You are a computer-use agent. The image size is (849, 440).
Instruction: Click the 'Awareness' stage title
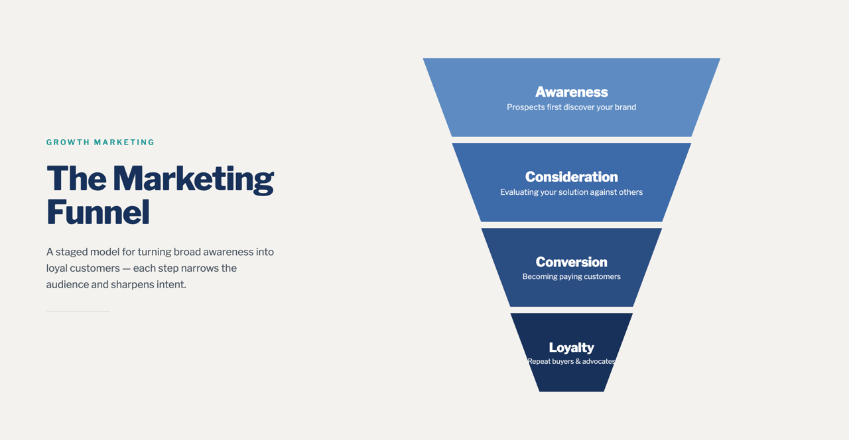pos(572,92)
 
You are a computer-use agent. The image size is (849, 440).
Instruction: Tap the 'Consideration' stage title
pos(572,177)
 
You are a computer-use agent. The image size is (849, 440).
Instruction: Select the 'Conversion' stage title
pos(572,262)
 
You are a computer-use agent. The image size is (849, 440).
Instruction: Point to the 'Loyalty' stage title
pos(572,348)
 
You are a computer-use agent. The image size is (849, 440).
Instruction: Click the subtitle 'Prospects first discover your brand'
pos(572,107)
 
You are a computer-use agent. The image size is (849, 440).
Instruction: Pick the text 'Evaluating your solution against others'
pos(572,192)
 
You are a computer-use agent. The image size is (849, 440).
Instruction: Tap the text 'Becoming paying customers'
pos(572,277)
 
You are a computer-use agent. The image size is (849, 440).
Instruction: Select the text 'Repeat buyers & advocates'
pos(572,362)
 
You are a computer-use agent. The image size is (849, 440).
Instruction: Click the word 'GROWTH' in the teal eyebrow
pos(68,142)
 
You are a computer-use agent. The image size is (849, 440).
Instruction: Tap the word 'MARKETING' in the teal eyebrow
pos(124,142)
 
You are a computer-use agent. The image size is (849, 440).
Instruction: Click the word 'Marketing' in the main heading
pos(193,180)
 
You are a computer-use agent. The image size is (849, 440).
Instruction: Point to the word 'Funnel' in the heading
pos(98,212)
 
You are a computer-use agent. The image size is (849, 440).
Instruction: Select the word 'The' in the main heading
pos(76,178)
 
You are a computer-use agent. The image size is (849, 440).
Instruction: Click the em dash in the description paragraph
pos(127,269)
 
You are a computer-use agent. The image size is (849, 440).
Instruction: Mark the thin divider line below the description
pos(78,311)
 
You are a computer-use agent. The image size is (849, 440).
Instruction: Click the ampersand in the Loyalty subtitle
pos(578,362)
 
